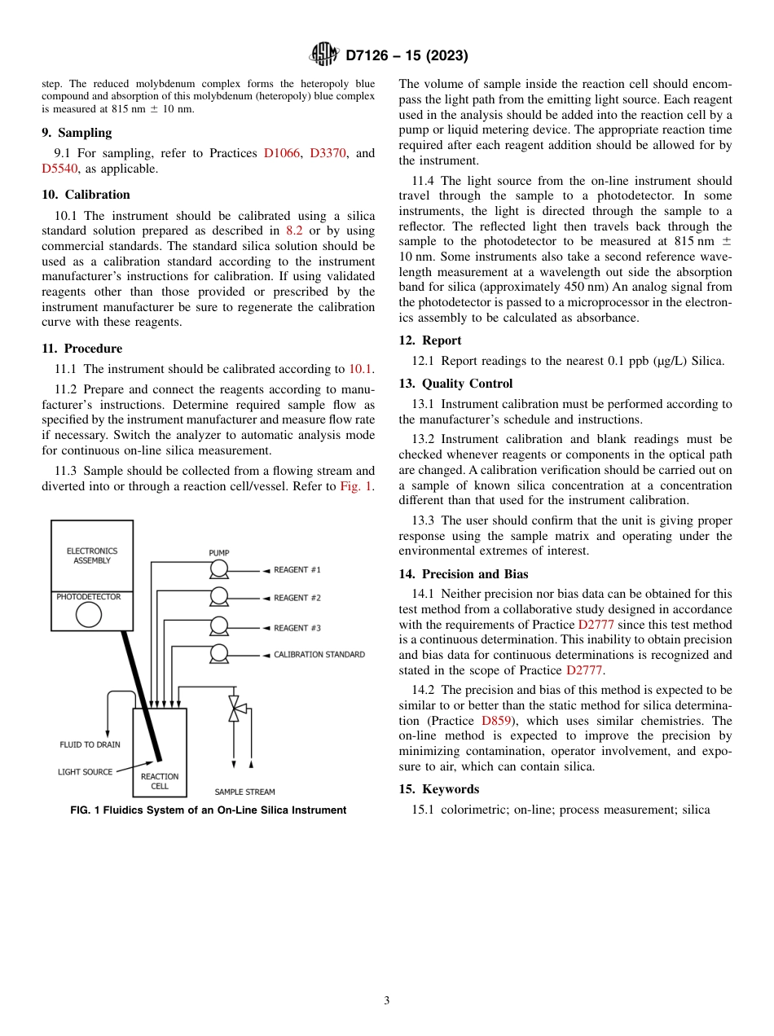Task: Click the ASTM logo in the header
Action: (323, 55)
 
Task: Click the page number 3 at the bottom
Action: (386, 1000)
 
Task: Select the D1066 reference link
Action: (283, 153)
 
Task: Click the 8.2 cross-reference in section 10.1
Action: (293, 230)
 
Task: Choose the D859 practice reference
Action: (496, 721)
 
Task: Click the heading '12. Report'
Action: (430, 340)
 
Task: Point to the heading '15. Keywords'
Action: (438, 789)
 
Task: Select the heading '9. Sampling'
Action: (77, 133)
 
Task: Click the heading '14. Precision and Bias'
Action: (463, 574)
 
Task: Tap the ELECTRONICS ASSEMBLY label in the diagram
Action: (92, 555)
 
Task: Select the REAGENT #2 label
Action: (297, 598)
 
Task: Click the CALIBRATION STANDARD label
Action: (319, 654)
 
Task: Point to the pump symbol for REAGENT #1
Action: (218, 569)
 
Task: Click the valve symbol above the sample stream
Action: (235, 708)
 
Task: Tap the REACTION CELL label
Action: (160, 781)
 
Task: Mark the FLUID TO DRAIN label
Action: (90, 744)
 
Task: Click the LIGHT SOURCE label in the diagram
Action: (85, 772)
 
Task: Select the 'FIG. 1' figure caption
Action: (209, 810)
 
